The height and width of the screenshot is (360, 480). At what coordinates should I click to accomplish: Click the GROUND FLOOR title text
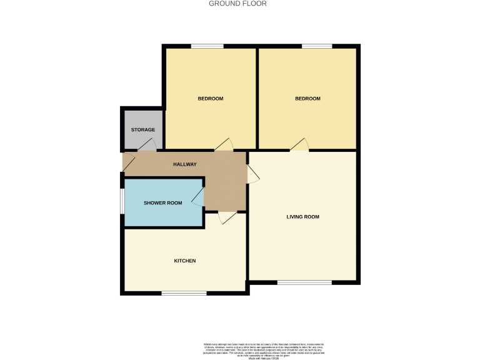click(x=237, y=4)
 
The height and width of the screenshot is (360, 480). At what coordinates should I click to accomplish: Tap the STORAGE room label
click(x=142, y=130)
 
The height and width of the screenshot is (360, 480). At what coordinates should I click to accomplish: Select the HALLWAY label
click(x=184, y=164)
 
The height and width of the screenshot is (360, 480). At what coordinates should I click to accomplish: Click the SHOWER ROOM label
click(x=162, y=203)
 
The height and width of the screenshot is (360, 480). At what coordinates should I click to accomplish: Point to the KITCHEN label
click(x=185, y=261)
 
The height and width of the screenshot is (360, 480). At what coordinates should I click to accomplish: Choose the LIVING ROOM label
click(x=302, y=217)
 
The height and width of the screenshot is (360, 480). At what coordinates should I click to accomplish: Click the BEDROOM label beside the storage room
click(x=211, y=99)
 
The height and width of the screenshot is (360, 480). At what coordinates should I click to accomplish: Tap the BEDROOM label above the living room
click(x=307, y=99)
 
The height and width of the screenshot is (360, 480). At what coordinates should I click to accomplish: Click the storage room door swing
click(x=146, y=145)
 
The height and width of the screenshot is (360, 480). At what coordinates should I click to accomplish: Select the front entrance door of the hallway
click(x=128, y=163)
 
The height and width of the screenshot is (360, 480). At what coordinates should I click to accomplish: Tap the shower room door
click(x=197, y=198)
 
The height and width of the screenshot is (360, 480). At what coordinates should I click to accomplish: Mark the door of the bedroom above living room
click(x=299, y=144)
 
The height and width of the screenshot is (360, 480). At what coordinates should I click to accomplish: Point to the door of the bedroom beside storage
click(x=224, y=144)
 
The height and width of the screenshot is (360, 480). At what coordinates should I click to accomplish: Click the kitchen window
click(x=184, y=292)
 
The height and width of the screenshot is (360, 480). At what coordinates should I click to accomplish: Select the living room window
click(x=304, y=282)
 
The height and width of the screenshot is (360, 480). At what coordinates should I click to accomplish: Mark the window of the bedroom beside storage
click(x=207, y=46)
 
